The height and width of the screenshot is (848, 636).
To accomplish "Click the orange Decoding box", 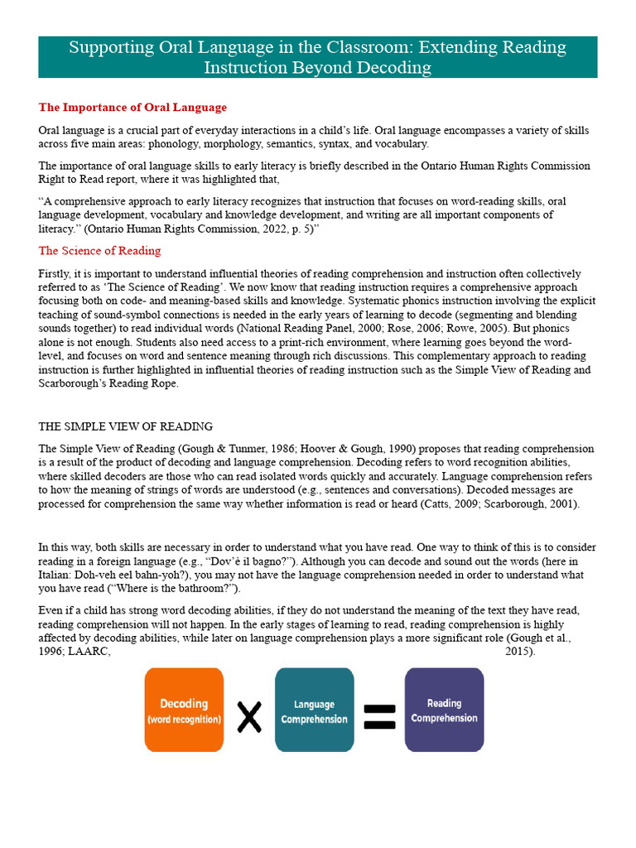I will tap(184, 710).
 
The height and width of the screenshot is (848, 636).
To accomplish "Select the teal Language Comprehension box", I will tap(314, 711).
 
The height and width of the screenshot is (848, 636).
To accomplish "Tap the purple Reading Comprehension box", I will tap(444, 710).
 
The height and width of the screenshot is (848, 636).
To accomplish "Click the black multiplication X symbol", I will tap(249, 715).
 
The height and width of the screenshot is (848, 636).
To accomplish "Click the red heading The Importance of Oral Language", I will tap(132, 108).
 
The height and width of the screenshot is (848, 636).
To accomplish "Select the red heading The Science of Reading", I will tap(99, 251).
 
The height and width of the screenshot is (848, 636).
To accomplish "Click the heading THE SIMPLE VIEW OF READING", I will tap(126, 426).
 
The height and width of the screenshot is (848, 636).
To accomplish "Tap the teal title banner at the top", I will tap(318, 56).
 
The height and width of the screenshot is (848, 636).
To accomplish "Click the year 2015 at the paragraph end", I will tap(518, 652).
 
